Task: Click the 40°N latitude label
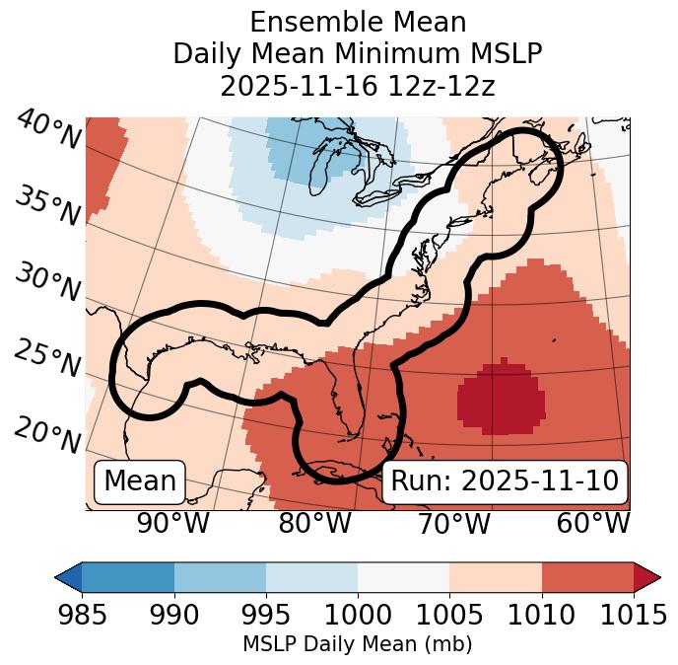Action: pos(48,130)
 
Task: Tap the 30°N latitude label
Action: pos(48,283)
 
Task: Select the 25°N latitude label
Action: pos(48,359)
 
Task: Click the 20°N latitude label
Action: pos(48,435)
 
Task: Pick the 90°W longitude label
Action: pos(173,523)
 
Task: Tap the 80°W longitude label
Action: pos(314,523)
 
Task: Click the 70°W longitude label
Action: pos(454,523)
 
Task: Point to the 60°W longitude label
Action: pos(593,523)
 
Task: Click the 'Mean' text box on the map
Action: pos(140,481)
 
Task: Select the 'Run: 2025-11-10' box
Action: pos(505,481)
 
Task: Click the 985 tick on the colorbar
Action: pos(83,616)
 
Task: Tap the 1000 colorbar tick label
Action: pos(358,616)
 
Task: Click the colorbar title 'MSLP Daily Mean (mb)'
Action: pos(358,644)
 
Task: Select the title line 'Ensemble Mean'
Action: pos(358,23)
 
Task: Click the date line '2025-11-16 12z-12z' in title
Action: pos(358,86)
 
